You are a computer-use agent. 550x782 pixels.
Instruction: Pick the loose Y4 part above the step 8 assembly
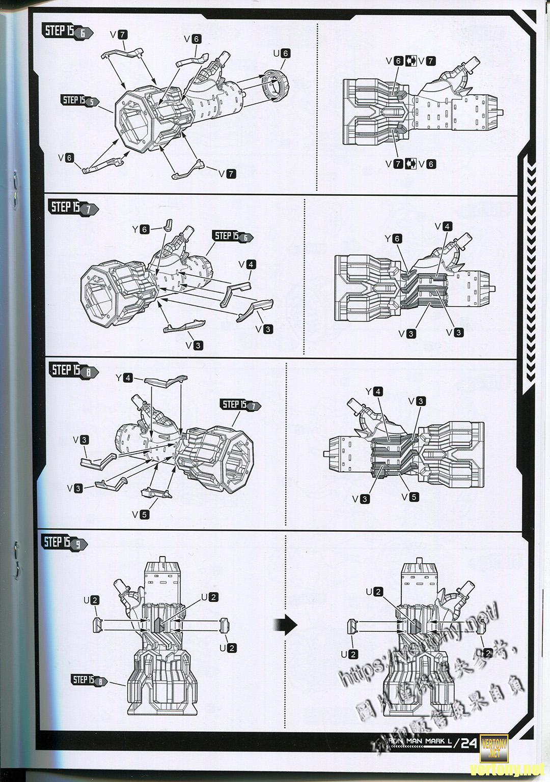click(164, 379)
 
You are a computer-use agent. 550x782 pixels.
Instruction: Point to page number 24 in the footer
click(469, 743)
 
